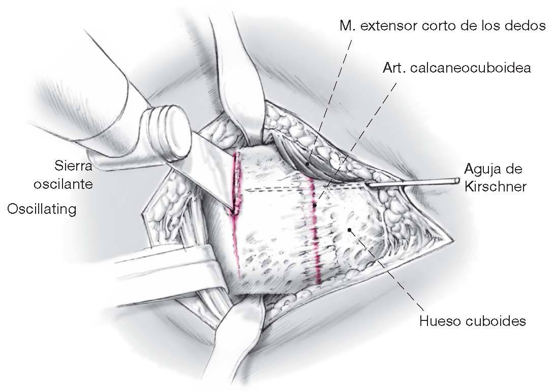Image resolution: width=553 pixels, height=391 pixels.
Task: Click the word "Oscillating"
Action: (x=42, y=209)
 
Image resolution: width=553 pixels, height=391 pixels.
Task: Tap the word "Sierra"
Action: (x=74, y=166)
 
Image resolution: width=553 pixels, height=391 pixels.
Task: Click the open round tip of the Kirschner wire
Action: (x=457, y=180)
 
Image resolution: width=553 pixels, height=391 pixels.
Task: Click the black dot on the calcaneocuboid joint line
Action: (x=315, y=205)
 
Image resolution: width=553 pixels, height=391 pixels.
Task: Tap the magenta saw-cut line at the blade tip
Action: (x=235, y=203)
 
